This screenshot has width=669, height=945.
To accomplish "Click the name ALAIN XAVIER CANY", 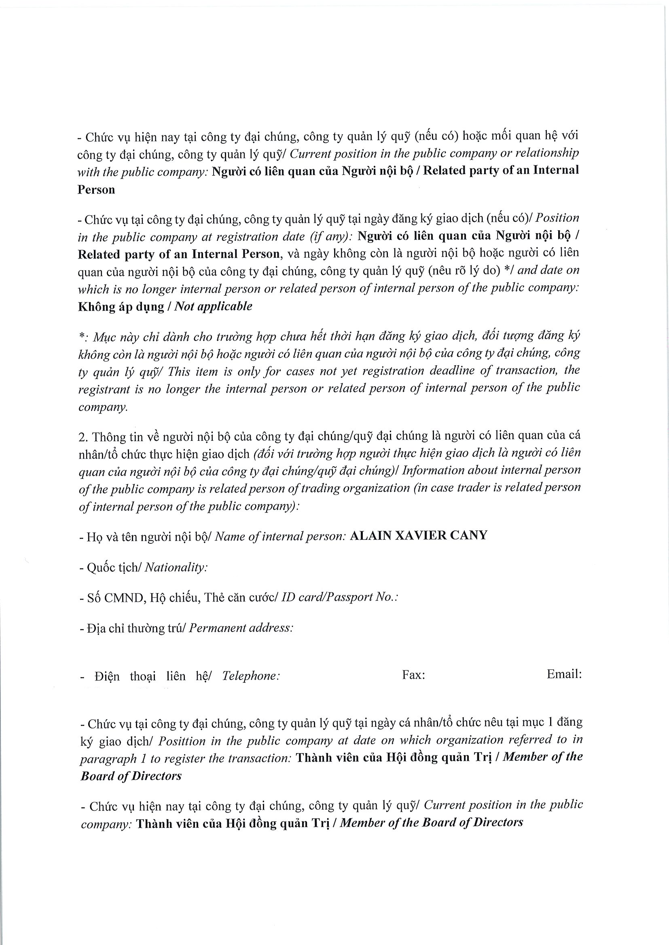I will tap(418, 535).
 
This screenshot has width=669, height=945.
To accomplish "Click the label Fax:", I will tap(413, 675).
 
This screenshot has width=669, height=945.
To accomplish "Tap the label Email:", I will tap(564, 674).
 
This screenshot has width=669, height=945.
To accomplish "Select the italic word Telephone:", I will tap(251, 676).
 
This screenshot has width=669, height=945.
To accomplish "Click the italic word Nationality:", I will tap(176, 568).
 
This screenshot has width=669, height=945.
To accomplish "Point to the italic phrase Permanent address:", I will tap(241, 628).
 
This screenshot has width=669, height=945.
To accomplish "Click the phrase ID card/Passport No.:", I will tap(339, 597).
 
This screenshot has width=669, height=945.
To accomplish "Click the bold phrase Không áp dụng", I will tap(121, 307).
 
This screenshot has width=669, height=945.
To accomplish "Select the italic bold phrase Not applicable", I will tap(214, 307).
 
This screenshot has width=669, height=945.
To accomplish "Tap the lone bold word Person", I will tap(96, 190).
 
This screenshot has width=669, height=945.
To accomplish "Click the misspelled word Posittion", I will tap(182, 741).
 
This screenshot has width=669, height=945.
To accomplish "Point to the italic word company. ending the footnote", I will tap(103, 407).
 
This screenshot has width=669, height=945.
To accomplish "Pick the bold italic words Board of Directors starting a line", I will tap(131, 776).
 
